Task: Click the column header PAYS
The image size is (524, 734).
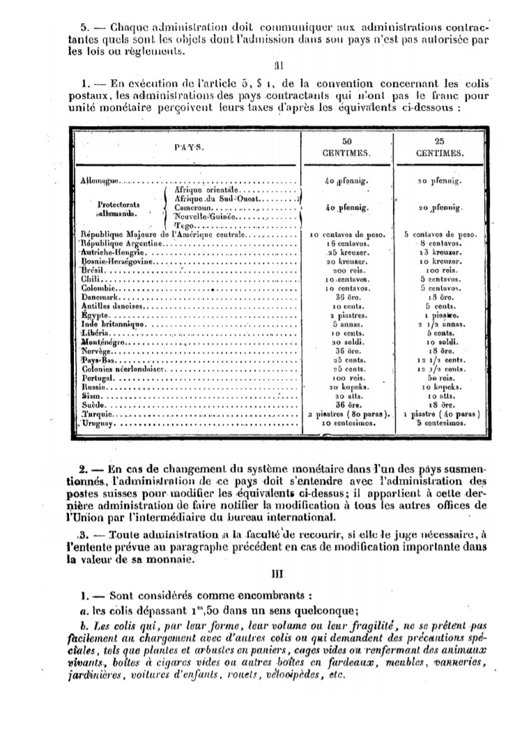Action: pos(184,147)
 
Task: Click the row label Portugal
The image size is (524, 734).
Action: pos(98,378)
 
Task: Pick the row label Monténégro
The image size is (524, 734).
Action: pos(105,342)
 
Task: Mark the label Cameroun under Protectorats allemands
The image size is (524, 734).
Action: pos(194,208)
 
